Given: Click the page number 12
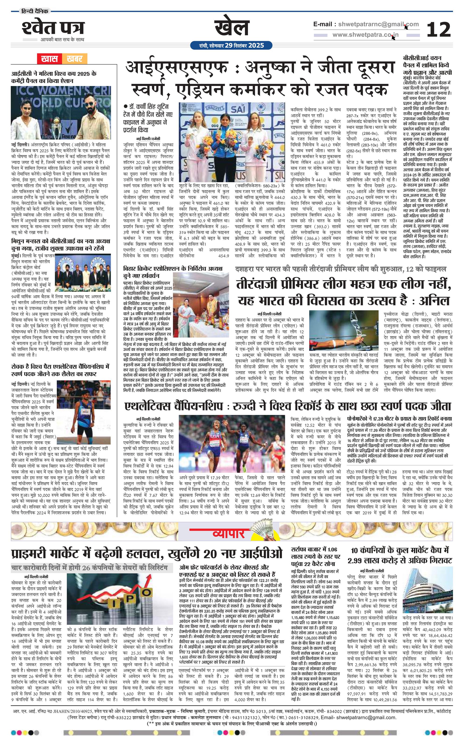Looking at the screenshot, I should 439,29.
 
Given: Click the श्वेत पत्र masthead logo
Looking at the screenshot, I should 53,28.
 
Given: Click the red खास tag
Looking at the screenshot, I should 49,58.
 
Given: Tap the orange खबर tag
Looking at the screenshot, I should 74,58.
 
